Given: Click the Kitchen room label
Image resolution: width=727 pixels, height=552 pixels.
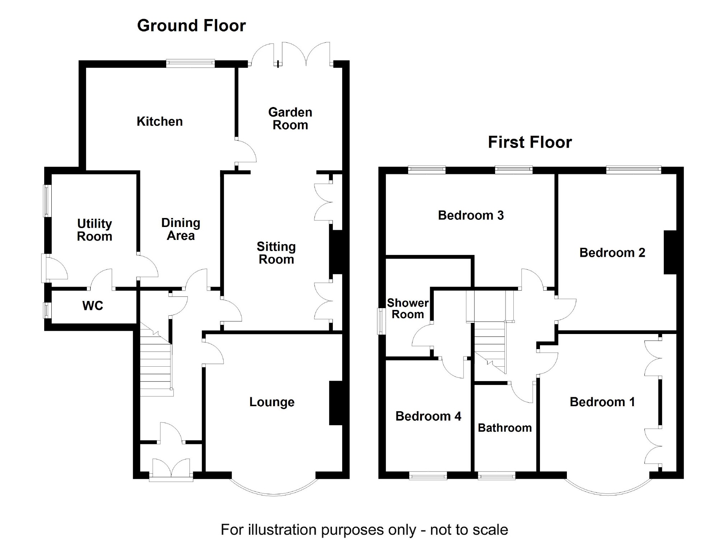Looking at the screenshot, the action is (x=160, y=121).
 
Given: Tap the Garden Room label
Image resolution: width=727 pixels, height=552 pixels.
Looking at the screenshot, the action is (x=290, y=119).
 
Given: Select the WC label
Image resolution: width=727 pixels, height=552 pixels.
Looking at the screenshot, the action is (x=93, y=306).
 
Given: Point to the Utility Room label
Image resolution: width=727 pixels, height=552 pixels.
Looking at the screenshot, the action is (x=95, y=230).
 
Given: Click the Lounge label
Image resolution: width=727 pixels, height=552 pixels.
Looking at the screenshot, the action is (x=272, y=402).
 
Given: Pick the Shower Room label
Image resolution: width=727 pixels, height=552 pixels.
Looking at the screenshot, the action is (x=407, y=309).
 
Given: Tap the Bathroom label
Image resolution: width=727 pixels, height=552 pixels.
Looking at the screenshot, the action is (x=505, y=428).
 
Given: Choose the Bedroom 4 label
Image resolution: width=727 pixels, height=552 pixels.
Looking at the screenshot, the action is (x=428, y=416).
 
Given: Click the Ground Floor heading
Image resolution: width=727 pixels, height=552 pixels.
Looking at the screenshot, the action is (x=191, y=25).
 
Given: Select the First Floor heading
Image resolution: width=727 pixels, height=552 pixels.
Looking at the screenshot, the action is (x=530, y=142).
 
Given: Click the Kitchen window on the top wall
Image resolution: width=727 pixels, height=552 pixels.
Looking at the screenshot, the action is (x=190, y=64).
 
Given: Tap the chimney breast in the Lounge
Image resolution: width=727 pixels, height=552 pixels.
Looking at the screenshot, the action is (x=336, y=403).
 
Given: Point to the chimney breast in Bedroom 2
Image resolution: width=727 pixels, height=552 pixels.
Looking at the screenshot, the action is (x=670, y=252).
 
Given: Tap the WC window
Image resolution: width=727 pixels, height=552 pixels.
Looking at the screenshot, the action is (x=47, y=310).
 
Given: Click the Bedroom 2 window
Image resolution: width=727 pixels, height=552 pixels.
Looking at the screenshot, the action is (x=634, y=170).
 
